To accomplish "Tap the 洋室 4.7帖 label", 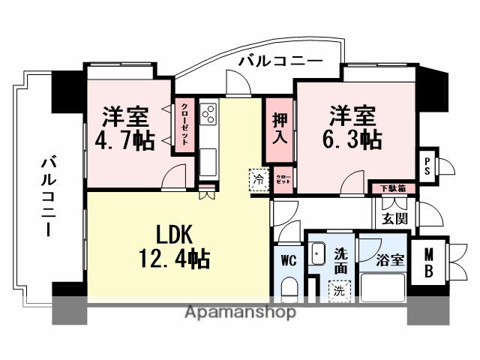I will click(125, 128).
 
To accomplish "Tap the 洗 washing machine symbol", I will click(338, 288).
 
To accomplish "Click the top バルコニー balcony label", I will click(280, 61).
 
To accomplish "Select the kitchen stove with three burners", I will click(208, 115).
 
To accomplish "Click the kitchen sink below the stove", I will click(208, 161).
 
